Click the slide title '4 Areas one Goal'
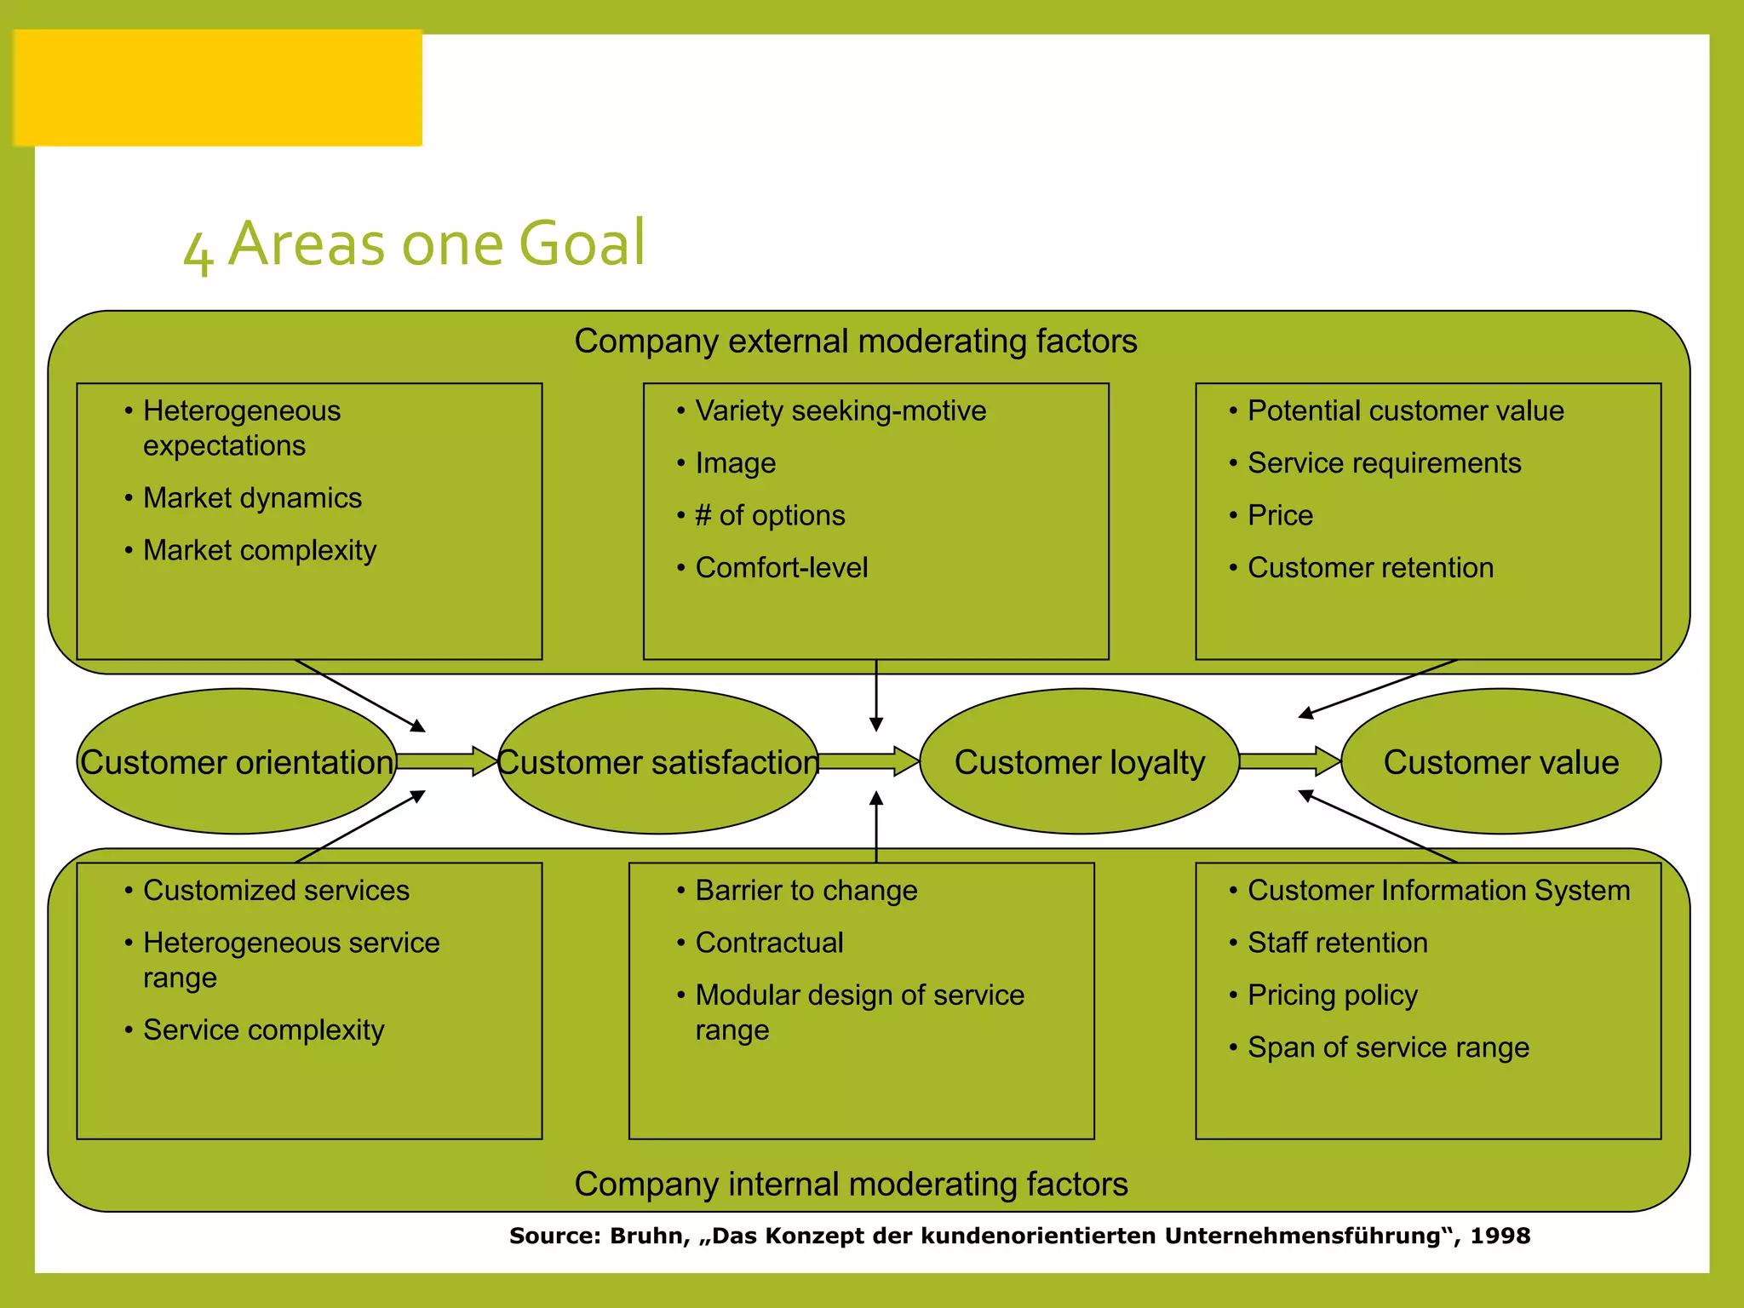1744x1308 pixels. pos(415,244)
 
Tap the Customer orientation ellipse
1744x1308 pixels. pos(237,761)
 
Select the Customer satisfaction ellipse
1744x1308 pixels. pos(657,761)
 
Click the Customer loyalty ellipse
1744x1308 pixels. pos(1079,761)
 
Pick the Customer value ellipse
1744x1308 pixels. pos(1500,761)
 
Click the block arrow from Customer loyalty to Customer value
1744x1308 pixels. pos(1289,760)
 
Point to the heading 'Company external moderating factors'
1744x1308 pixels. pos(855,341)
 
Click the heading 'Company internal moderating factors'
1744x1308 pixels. pos(851,1185)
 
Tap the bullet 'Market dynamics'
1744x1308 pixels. pos(252,498)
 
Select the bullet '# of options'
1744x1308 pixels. pos(770,516)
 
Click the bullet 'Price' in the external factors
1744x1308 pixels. pos(1280,516)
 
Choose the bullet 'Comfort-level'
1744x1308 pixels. pos(781,568)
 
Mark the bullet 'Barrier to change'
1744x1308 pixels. pos(806,891)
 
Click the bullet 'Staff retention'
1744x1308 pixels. pos(1337,943)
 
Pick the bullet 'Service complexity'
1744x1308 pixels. pos(263,1030)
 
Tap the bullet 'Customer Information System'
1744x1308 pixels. pos(1438,891)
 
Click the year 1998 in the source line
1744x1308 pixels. pos(1500,1236)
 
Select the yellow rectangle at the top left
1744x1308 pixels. pos(218,88)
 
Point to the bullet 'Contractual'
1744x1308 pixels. pos(769,943)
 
